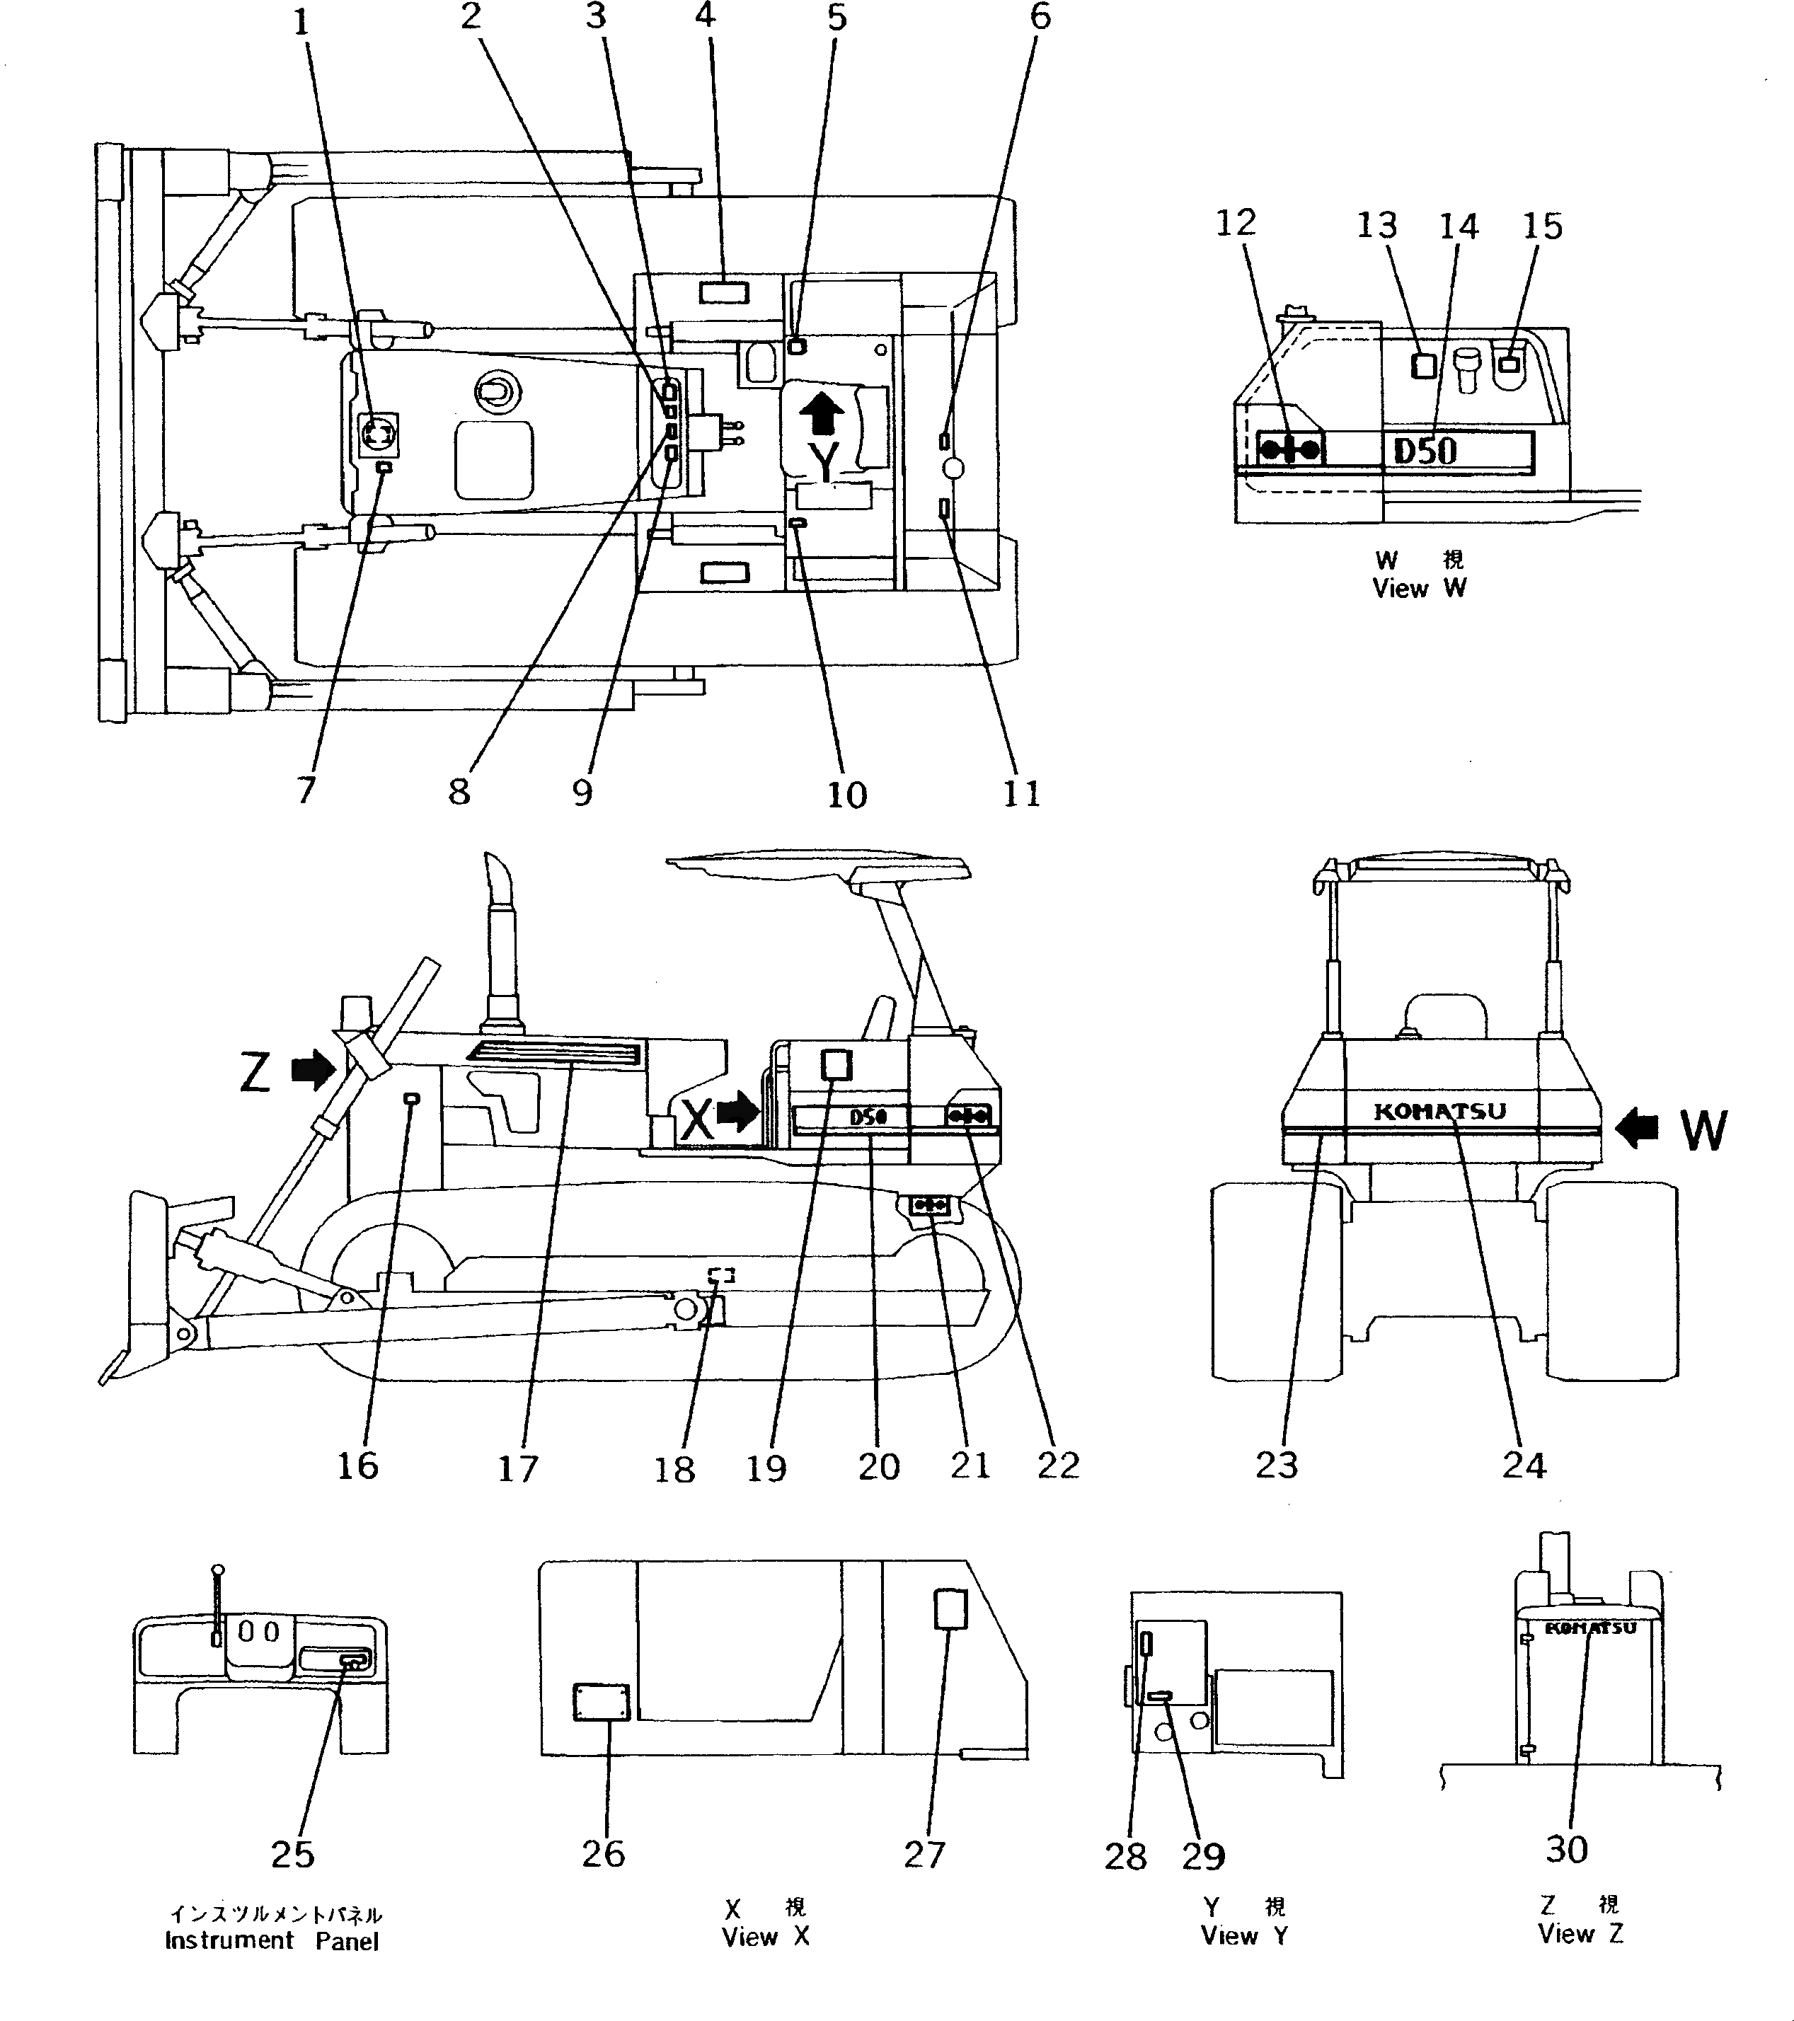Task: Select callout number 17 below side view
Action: [517, 1469]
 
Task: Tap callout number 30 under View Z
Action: [1567, 1849]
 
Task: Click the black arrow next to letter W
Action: [1637, 1127]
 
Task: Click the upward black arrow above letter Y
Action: [821, 414]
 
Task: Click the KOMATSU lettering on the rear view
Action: [1440, 1112]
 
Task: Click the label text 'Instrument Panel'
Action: [272, 1941]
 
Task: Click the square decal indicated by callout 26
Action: [602, 1703]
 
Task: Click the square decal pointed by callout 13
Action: [1423, 366]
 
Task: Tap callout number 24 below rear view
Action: [1523, 1466]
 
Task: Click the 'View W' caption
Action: [1419, 588]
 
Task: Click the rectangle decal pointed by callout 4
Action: [724, 292]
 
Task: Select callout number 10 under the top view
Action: [846, 794]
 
